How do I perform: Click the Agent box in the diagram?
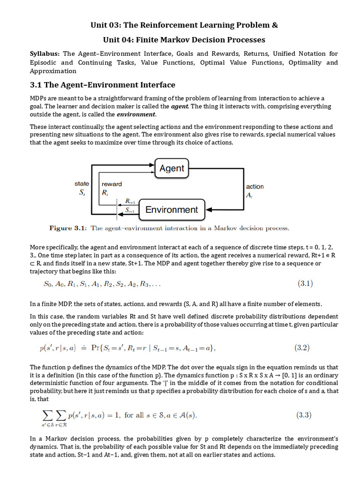point(172,168)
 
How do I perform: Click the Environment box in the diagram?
point(172,210)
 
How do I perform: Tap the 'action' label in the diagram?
point(255,187)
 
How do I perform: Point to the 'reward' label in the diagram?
point(112,184)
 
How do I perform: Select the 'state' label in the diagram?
point(82,184)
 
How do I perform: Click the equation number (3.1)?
point(305,283)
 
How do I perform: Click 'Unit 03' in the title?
point(107,25)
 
